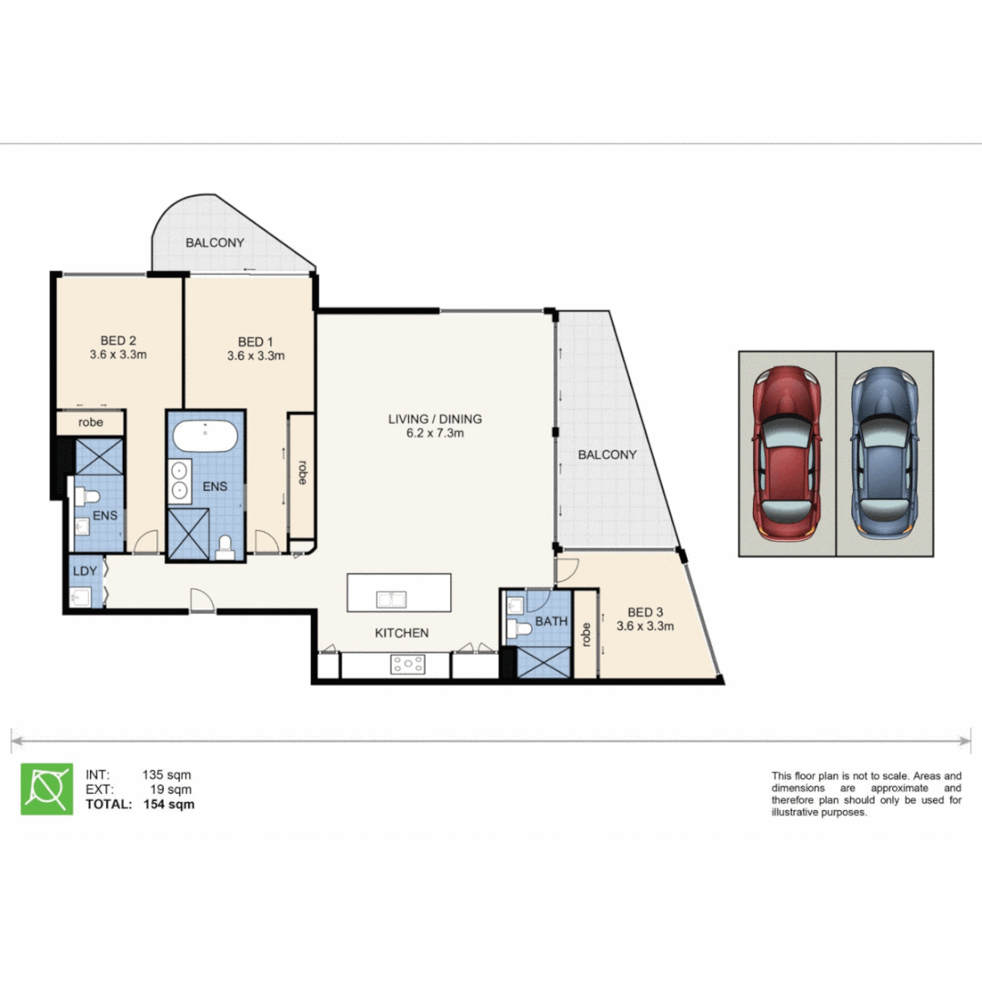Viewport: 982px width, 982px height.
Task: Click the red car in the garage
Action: (787, 453)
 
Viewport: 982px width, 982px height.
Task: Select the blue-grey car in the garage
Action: (885, 453)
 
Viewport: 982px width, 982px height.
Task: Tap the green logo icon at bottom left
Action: (46, 788)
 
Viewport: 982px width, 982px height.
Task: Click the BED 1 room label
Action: (256, 341)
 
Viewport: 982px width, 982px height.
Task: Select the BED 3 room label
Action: (645, 611)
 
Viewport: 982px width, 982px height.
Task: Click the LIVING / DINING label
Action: (435, 419)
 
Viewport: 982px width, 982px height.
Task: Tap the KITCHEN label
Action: (401, 633)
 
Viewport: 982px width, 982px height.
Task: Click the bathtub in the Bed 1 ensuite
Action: (205, 436)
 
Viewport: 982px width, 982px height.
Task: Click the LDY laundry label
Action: (84, 570)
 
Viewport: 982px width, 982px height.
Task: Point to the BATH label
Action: (551, 622)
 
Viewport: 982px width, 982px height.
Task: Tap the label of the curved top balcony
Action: (215, 243)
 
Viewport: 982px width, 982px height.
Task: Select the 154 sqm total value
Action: (168, 804)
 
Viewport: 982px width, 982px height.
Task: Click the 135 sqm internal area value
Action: (166, 775)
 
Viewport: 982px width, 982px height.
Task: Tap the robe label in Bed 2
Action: (89, 423)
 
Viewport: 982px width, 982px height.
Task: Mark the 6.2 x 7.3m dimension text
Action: (435, 434)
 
